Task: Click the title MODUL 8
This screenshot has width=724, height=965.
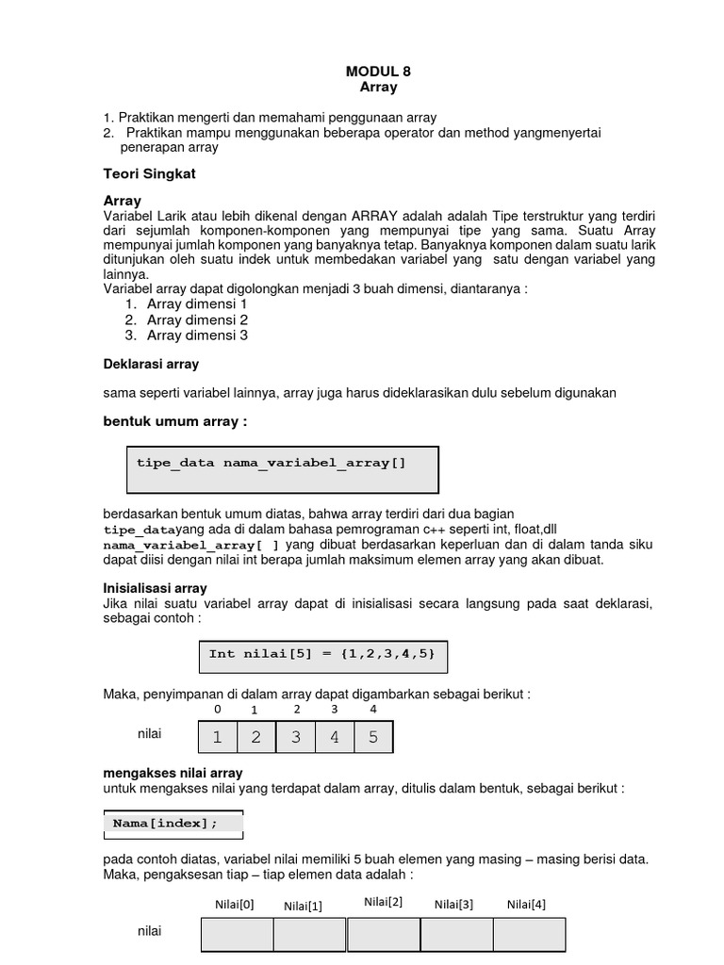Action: pyautogui.click(x=378, y=71)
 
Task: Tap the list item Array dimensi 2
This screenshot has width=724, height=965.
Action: pyautogui.click(x=197, y=319)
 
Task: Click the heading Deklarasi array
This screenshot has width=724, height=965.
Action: pyautogui.click(x=150, y=364)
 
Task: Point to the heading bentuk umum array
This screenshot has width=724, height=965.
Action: pyautogui.click(x=174, y=421)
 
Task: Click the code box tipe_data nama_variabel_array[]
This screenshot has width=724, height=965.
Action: pyautogui.click(x=283, y=469)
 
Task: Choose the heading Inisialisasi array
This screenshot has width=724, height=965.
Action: pyautogui.click(x=154, y=588)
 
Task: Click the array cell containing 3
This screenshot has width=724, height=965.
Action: pyautogui.click(x=296, y=737)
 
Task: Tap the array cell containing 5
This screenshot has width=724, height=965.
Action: pyautogui.click(x=373, y=737)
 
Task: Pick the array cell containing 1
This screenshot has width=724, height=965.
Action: pyautogui.click(x=218, y=737)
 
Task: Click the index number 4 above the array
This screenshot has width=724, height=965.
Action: pyautogui.click(x=373, y=709)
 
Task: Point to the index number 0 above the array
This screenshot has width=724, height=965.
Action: pyautogui.click(x=218, y=709)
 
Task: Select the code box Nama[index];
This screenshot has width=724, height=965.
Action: pyautogui.click(x=173, y=824)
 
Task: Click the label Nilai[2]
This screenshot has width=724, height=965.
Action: pyautogui.click(x=383, y=902)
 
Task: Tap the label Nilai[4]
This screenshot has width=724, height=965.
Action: pyautogui.click(x=526, y=905)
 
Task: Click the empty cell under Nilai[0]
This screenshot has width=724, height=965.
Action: pyautogui.click(x=238, y=935)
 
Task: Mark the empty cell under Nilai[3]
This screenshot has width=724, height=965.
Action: pyautogui.click(x=456, y=935)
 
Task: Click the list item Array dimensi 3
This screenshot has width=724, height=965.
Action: pyautogui.click(x=197, y=335)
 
